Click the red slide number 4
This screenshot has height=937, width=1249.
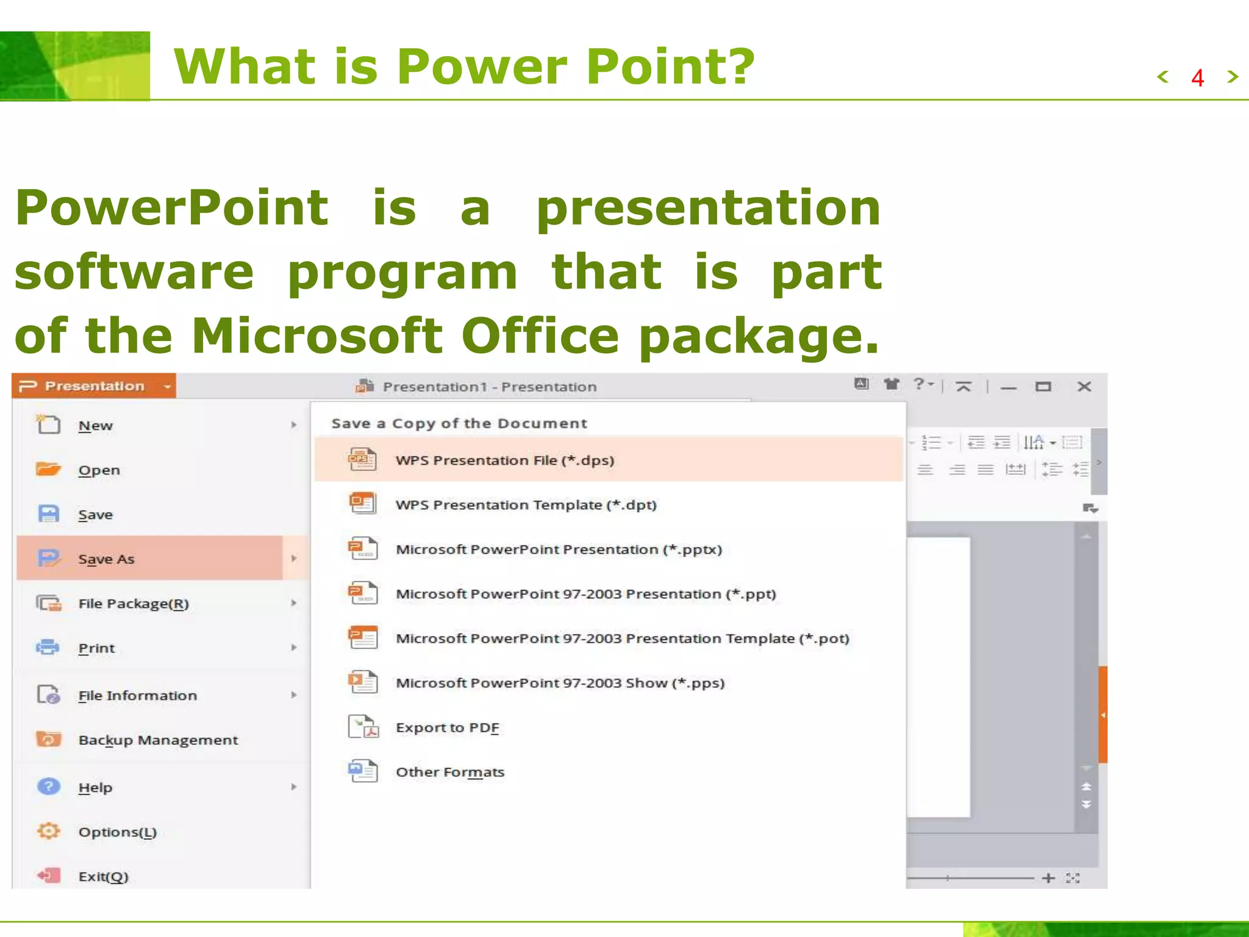tap(1197, 78)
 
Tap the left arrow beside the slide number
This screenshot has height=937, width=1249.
tap(1163, 77)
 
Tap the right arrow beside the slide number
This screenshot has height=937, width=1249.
tap(1233, 77)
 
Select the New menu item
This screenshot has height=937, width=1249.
tap(96, 426)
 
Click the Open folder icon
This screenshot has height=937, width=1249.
tap(48, 469)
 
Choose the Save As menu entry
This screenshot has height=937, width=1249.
tap(106, 559)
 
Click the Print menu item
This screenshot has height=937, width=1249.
tap(96, 648)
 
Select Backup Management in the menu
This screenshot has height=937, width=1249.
tap(158, 740)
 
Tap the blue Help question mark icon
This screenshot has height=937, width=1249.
tap(48, 786)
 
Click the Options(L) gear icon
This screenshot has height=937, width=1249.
tap(48, 831)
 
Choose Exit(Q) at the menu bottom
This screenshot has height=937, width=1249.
tap(103, 877)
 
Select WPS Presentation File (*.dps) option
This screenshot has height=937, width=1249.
tap(504, 461)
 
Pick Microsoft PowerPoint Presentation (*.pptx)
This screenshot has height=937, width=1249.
tap(559, 550)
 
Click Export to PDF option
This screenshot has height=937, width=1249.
tap(447, 728)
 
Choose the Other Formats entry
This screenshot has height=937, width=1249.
tap(450, 772)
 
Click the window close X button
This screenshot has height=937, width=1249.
tap(1084, 387)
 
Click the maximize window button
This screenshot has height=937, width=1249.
tap(1043, 387)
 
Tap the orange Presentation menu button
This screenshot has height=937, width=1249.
tap(94, 386)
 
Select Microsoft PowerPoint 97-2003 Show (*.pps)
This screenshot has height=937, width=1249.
tap(560, 683)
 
